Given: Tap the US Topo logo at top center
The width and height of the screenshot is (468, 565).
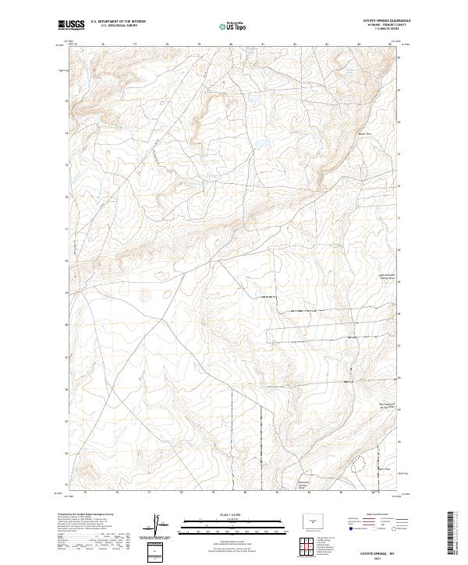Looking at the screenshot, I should click(x=234, y=26).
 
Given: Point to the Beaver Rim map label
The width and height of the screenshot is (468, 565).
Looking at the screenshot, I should click(x=364, y=133).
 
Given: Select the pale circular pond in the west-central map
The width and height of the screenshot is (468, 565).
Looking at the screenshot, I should click(x=145, y=295).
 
